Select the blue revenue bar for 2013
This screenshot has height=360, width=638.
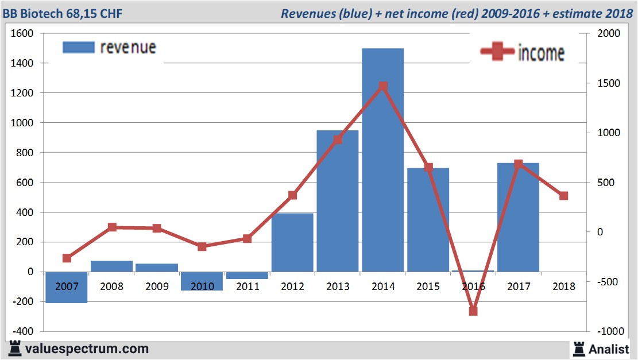pyautogui.click(x=338, y=201)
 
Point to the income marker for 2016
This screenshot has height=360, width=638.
pyautogui.click(x=473, y=311)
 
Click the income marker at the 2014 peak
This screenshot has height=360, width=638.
pyautogui.click(x=383, y=87)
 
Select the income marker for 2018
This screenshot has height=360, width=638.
pyautogui.click(x=563, y=196)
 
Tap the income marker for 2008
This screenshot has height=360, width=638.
pyautogui.click(x=112, y=227)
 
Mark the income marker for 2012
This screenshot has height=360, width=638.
pyautogui.click(x=292, y=195)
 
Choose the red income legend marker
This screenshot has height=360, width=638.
pyautogui.click(x=497, y=52)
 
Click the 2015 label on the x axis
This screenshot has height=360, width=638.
pyautogui.click(x=428, y=287)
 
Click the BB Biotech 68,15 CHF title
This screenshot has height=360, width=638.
pyautogui.click(x=62, y=13)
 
